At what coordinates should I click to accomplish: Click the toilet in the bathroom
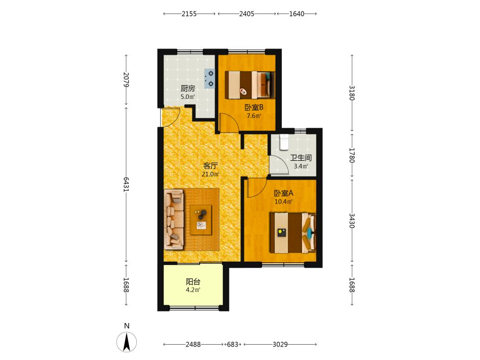(x=284, y=142)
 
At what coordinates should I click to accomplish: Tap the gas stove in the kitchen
(x=210, y=79)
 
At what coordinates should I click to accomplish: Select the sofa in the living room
(x=174, y=219)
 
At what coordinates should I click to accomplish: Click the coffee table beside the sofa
(x=201, y=220)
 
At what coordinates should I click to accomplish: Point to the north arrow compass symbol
(x=126, y=342)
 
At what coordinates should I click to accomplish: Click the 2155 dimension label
(x=189, y=14)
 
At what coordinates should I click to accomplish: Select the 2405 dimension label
(x=247, y=14)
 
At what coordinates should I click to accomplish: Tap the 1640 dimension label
(x=297, y=14)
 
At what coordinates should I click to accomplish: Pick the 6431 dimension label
(x=126, y=184)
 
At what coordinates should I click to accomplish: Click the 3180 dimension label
(x=352, y=93)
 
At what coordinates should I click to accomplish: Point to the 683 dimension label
(x=233, y=344)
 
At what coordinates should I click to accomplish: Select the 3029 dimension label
(x=280, y=344)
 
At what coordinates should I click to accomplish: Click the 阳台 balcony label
(x=193, y=282)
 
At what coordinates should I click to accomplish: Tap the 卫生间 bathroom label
(x=301, y=157)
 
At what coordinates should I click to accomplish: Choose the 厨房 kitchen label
(x=188, y=88)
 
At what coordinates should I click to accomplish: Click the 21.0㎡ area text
(x=211, y=174)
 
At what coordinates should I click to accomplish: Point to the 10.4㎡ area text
(x=284, y=202)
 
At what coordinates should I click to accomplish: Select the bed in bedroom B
(x=250, y=85)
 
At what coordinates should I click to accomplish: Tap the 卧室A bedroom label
(x=284, y=193)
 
